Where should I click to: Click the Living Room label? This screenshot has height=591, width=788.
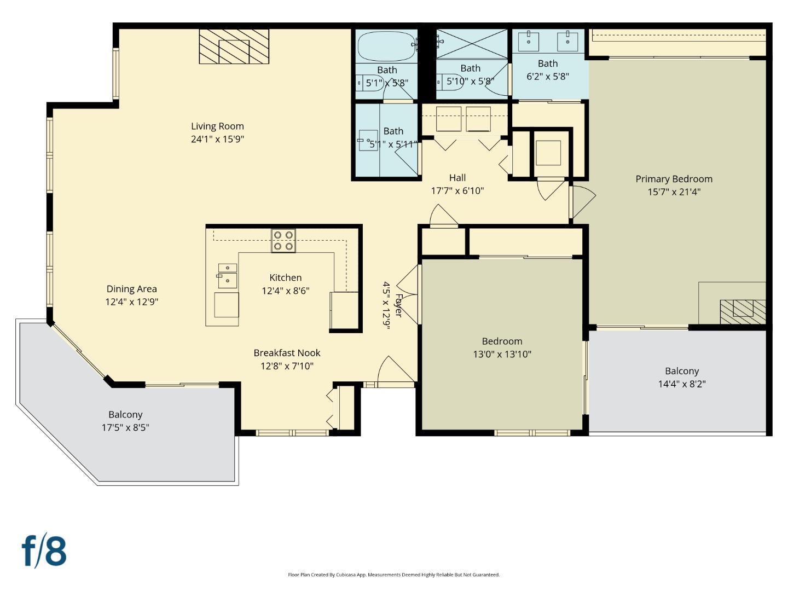217,126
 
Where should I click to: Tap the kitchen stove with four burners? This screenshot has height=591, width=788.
283,241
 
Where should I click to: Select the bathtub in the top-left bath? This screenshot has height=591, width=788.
385,46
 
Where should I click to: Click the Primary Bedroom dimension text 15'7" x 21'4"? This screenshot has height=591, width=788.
674,192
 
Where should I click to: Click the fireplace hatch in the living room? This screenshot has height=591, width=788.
234,47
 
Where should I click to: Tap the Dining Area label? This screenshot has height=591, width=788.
131,289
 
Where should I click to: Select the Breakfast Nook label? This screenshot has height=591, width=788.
287,353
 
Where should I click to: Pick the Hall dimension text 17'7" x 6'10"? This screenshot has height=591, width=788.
457,191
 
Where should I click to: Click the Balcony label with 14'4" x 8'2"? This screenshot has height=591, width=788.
682,371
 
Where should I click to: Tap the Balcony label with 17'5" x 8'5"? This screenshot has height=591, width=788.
125,415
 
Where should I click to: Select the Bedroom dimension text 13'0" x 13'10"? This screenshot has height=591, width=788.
502,354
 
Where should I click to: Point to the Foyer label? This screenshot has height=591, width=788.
399,305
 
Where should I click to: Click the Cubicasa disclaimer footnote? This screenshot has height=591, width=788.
393,575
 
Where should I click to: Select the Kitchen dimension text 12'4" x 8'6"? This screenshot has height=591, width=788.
285,291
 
